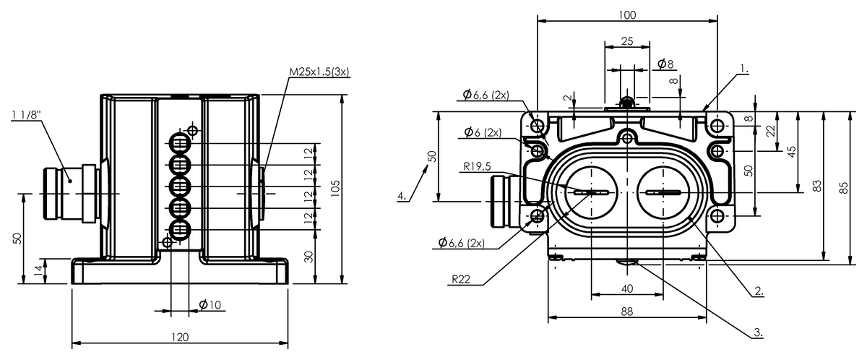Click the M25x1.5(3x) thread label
coord(319,72)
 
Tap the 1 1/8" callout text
coord(26,115)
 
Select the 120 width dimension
coord(180,337)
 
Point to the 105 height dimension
coord(335,189)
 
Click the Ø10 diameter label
coord(210,305)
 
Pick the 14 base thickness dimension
coord(38,270)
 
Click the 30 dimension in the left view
coord(309,257)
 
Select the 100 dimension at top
coord(627,15)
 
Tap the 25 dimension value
coord(627,41)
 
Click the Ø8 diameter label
coord(665,64)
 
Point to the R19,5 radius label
coord(478,166)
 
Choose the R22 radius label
coord(461,279)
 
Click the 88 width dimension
coord(627,312)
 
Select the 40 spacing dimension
coord(627,288)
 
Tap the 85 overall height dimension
coord(844,188)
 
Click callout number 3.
coord(758,332)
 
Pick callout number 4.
coord(402,196)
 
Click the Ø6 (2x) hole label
coord(483,132)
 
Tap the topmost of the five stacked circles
coord(180,144)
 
